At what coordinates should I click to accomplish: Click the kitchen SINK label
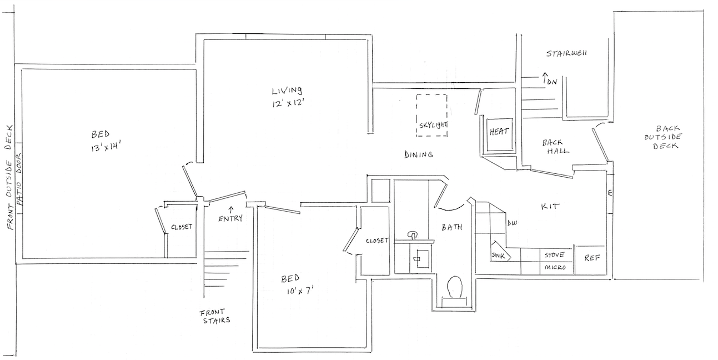tap(498, 255)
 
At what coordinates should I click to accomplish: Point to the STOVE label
tap(554, 255)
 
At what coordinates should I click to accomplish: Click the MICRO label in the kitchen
tap(555, 268)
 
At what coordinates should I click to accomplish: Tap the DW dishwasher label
tap(512, 223)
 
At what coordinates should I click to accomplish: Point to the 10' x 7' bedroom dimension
tap(299, 289)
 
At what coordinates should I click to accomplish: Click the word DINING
tap(418, 154)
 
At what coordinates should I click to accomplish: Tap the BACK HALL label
tap(556, 147)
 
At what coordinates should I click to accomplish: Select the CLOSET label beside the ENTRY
tap(182, 227)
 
